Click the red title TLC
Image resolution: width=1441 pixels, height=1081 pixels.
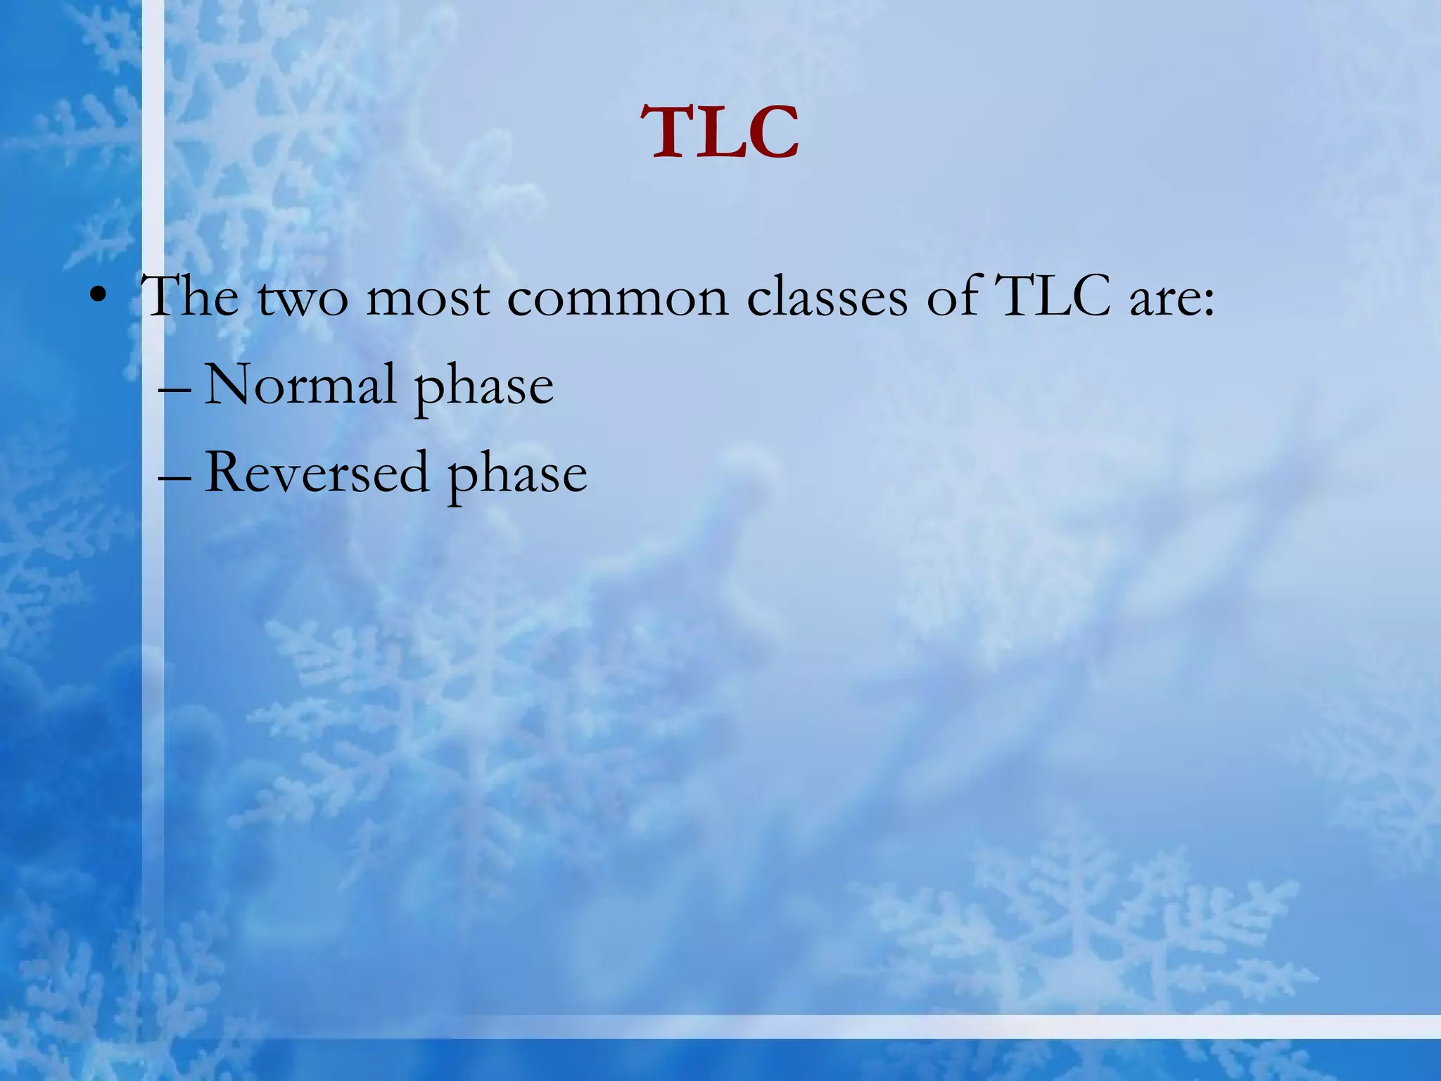(x=720, y=134)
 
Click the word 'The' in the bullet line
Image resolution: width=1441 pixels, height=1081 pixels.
(x=190, y=297)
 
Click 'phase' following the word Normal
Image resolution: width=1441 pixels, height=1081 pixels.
(x=483, y=388)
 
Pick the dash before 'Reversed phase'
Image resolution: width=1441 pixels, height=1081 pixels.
(x=174, y=476)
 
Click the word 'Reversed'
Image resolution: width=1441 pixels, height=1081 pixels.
(x=317, y=473)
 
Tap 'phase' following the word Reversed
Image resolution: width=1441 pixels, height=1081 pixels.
(x=517, y=476)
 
